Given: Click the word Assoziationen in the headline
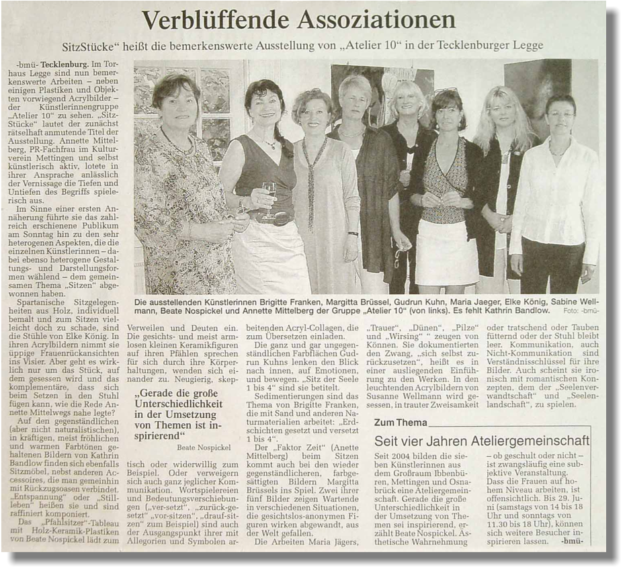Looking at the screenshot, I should point(376,20).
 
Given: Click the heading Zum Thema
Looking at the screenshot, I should point(400,423).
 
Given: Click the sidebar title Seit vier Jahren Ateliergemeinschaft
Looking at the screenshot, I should point(481,441).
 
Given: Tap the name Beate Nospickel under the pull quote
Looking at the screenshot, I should point(204,447).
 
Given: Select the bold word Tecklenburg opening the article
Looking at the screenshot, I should point(67,64).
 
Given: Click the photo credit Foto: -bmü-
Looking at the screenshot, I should point(581,312).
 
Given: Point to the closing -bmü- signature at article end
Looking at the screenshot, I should point(572,541).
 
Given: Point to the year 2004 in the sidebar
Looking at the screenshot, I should point(401,456).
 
